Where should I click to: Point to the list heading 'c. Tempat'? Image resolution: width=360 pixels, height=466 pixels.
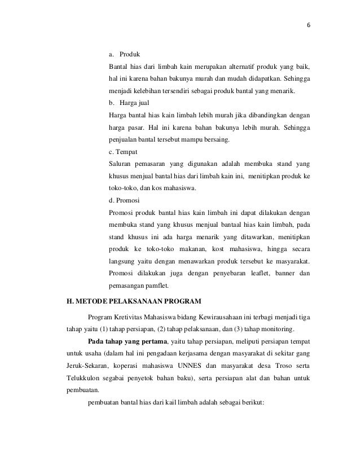[x=124, y=152]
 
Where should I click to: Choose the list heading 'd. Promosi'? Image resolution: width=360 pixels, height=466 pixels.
[x=125, y=200]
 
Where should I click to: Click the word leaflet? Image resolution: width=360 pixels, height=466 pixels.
[x=256, y=274]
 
